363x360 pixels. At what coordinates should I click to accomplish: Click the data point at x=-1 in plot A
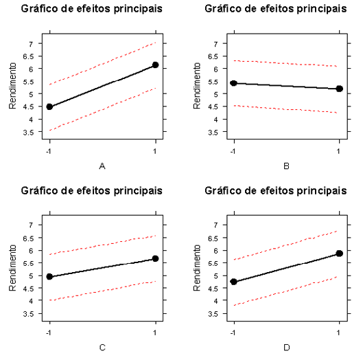[x=49, y=106]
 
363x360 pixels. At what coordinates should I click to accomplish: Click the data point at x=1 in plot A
[x=156, y=65]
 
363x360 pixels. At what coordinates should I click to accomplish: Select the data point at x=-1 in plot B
[x=234, y=82]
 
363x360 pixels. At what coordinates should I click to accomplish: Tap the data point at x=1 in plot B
[x=340, y=89]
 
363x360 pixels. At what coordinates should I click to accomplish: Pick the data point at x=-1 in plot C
[x=49, y=276]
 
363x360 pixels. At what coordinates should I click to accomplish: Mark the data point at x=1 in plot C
[x=156, y=258]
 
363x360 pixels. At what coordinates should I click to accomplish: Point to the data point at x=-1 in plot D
[x=234, y=282]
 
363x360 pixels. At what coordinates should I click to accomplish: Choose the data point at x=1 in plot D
[x=340, y=254]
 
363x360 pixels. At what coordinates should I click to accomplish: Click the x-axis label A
[x=102, y=166]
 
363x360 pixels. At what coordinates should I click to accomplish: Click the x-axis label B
[x=286, y=166]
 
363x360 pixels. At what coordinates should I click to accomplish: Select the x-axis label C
[x=102, y=347]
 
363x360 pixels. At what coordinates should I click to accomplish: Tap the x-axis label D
[x=286, y=347]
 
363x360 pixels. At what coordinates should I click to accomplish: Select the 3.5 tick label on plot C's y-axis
[x=28, y=314]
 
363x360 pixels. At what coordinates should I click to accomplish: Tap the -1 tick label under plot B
[x=233, y=149]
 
